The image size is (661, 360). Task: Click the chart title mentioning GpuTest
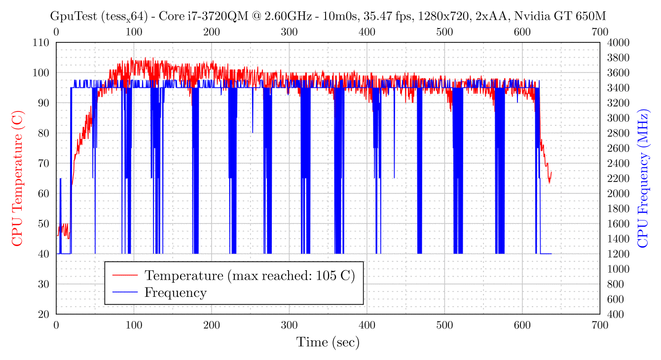(328, 17)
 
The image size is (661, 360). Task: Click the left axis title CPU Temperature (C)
(17, 178)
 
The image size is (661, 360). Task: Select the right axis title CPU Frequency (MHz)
(643, 178)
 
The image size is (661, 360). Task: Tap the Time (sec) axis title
(328, 342)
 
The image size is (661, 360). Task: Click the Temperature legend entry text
(249, 275)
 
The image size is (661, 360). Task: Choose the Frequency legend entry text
(175, 292)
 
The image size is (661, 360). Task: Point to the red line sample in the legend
(125, 275)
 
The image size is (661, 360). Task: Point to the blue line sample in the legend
(125, 292)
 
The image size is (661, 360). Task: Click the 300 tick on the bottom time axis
(289, 325)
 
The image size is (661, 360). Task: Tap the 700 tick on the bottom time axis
(600, 325)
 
